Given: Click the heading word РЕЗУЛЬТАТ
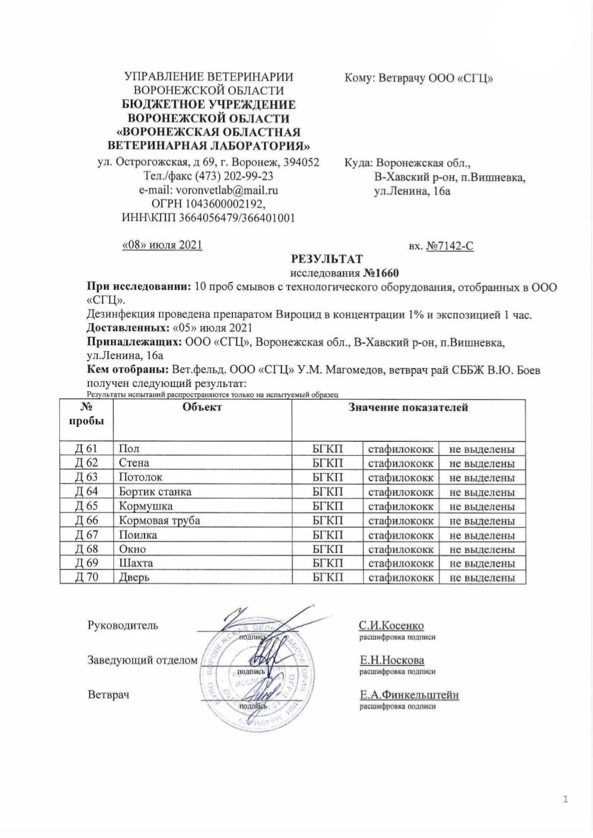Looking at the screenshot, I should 326,259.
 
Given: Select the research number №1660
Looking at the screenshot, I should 380,273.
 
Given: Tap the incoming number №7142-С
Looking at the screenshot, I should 450,245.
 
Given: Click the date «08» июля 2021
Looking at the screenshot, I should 162,245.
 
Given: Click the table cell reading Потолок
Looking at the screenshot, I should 140,477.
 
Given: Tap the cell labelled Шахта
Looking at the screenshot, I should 136,563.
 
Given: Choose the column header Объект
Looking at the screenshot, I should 202,407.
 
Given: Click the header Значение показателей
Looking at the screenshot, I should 408,407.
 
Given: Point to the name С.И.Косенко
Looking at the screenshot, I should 391,626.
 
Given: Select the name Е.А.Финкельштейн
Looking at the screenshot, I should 408,695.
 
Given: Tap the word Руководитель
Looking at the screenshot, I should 123,626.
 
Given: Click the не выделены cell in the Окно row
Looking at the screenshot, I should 482,550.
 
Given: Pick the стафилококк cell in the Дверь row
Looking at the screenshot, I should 401,578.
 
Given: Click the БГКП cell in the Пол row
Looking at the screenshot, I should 328,449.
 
